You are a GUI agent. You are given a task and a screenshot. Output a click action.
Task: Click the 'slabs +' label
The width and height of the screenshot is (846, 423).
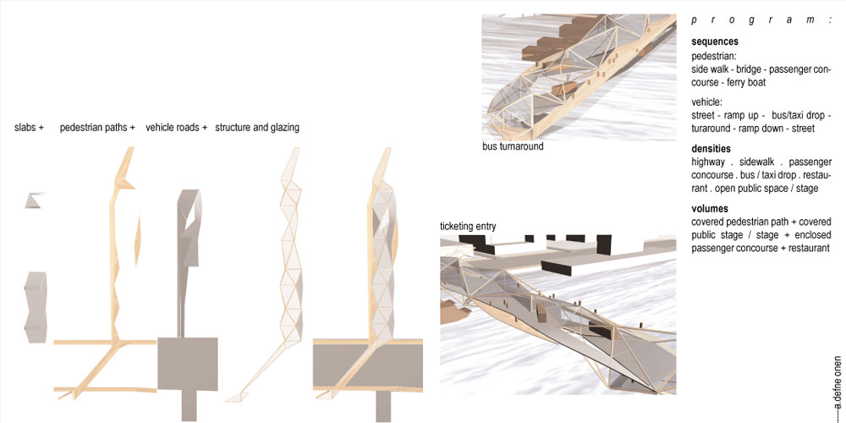point(29,128)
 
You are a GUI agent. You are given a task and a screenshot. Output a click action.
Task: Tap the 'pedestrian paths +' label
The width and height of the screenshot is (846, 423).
point(97,128)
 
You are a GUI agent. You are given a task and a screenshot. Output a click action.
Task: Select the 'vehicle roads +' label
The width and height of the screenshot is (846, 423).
point(177,128)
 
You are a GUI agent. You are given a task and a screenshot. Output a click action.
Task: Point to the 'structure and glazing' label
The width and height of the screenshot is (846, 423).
point(257,128)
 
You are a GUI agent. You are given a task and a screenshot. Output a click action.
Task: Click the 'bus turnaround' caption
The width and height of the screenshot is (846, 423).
point(513,146)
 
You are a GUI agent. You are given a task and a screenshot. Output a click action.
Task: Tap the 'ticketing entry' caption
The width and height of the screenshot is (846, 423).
point(468,226)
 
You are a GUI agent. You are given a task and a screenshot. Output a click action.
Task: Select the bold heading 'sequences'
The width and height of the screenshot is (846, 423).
point(715,41)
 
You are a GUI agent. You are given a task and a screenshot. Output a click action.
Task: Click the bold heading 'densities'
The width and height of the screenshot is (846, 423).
point(711,148)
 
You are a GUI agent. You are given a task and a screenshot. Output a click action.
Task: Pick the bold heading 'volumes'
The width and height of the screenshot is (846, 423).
point(710,209)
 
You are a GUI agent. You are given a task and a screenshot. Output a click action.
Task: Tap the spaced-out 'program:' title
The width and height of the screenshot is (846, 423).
point(761,20)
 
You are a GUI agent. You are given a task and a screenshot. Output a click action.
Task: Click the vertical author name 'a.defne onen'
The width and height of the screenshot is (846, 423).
point(837,382)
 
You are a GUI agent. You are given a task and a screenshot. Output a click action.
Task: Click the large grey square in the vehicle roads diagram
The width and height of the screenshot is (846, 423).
point(187,364)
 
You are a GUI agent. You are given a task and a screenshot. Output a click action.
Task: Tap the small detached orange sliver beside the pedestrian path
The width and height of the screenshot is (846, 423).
point(138,240)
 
